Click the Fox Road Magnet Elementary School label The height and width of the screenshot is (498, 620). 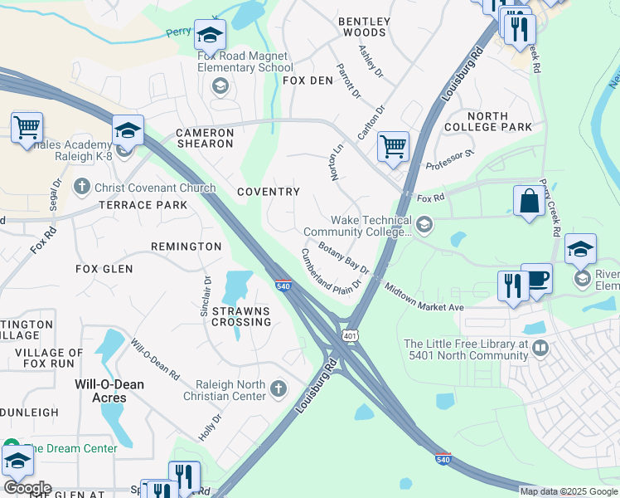pos(245,61)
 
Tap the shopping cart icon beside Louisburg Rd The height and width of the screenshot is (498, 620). pos(393,147)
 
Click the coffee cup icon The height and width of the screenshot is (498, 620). pos(537,278)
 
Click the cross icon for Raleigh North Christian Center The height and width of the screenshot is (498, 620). pos(279,388)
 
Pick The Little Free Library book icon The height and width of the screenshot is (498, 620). pos(540,347)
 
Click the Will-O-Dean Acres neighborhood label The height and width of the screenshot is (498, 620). pos(110,391)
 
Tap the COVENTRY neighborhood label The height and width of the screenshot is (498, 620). pos(268,192)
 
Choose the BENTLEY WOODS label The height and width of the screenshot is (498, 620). pos(363,26)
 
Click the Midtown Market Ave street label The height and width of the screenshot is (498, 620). pos(424,296)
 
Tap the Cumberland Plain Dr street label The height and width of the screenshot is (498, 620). pos(332,271)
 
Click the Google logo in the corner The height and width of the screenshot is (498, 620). pos(27,487)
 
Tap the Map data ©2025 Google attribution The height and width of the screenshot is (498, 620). pos(568,491)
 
